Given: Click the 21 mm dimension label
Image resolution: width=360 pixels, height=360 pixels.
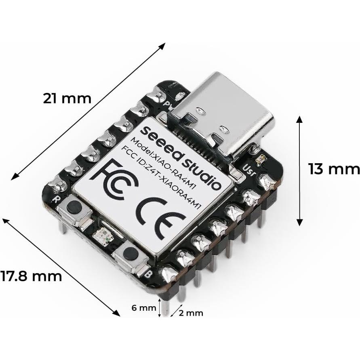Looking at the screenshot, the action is [x=67, y=98].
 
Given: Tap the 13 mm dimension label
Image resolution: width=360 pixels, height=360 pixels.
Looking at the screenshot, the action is [x=334, y=169].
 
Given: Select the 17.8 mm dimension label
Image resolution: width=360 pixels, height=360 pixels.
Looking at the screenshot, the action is [x=32, y=276].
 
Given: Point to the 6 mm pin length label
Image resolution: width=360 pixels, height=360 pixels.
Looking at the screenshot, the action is [x=144, y=308].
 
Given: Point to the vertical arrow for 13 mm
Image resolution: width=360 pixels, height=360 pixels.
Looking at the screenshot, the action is [x=299, y=170].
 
